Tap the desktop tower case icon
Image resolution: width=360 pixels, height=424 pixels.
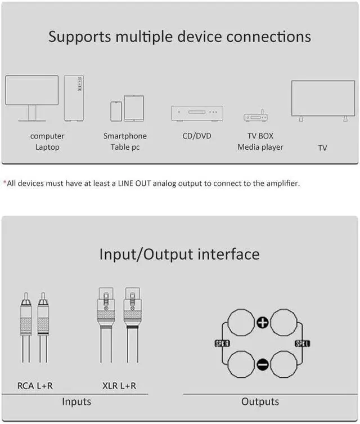point(74,98)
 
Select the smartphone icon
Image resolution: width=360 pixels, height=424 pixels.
point(116,111)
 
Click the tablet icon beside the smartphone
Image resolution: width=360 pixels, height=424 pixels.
point(134,108)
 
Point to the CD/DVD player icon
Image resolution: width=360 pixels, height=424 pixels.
point(197,113)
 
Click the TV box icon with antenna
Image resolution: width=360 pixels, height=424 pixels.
point(255,117)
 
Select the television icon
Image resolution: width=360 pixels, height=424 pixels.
point(322,99)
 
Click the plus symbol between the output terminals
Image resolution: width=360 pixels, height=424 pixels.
point(263,322)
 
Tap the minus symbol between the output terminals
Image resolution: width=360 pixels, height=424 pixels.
point(263,364)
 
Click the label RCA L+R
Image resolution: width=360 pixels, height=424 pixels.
point(35,386)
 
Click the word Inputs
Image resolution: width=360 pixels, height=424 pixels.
point(76,401)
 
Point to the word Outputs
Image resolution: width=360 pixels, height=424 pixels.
point(260,401)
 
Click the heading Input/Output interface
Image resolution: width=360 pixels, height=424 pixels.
point(179,254)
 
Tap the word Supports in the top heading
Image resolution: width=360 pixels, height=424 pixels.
point(80,37)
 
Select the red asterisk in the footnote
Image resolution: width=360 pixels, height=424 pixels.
point(4,182)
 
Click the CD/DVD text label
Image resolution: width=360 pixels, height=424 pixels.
point(197,136)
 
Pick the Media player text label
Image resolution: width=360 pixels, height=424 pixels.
point(260,147)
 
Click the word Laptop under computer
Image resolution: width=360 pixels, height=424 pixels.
point(47,147)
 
